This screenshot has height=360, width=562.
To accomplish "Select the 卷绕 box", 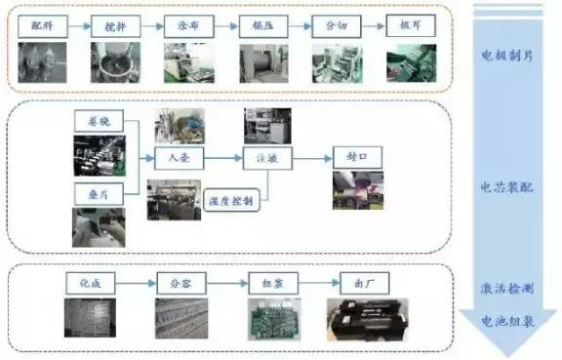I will point(98,121).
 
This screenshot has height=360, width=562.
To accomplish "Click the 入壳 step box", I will point(181,156).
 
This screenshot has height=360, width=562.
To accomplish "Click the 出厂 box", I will point(364,284).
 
